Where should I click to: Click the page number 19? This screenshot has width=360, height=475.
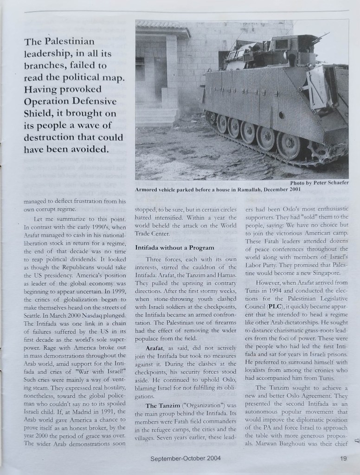pyautogui.click(x=343, y=459)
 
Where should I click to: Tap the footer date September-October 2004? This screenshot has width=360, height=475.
pyautogui.click(x=185, y=459)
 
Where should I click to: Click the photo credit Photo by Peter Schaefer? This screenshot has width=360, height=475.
pyautogui.click(x=319, y=182)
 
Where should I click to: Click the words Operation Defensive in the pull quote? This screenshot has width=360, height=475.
pyautogui.click(x=70, y=102)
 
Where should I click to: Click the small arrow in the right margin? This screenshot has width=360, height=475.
pyautogui.click(x=356, y=441)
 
